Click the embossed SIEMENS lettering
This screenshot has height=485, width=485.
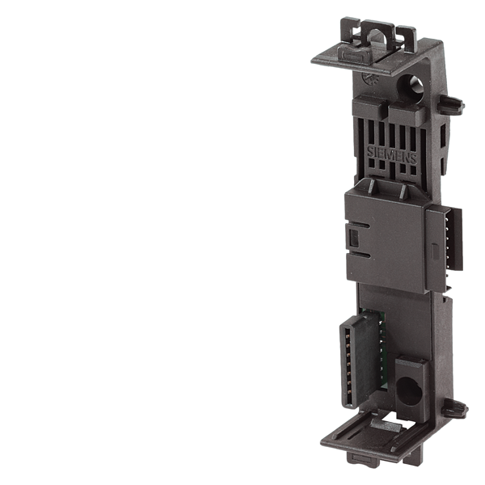click(x=392, y=155)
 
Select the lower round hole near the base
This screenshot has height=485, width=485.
click(x=408, y=391)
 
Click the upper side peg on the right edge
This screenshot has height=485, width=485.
click(x=451, y=104)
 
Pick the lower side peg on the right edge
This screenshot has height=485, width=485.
click(x=454, y=408)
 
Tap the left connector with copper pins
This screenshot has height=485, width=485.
click(x=360, y=360)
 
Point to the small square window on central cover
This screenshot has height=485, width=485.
click(x=353, y=238)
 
